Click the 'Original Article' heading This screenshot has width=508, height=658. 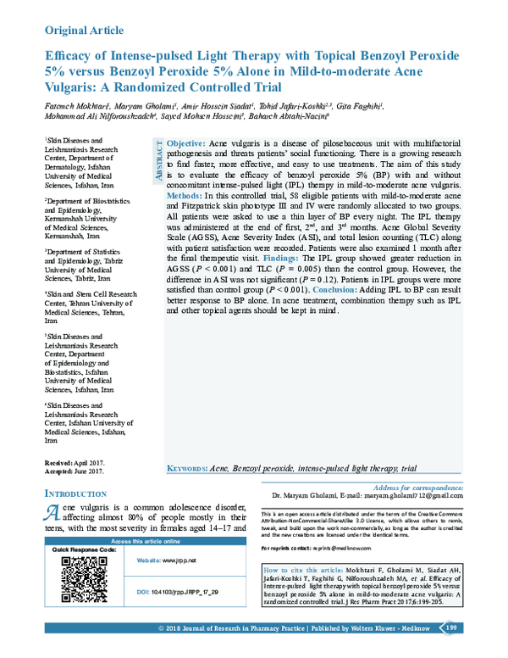coord(84,30)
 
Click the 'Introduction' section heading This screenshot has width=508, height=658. coord(75,493)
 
